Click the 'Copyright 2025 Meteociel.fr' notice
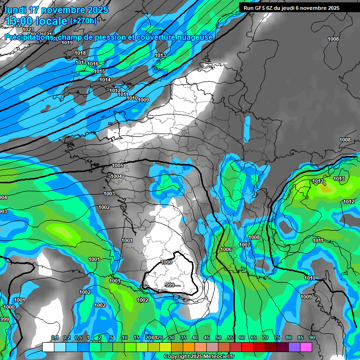coord(199,357)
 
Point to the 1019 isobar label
coord(67,43)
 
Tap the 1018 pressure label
coord(80,53)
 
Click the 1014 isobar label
coord(105,80)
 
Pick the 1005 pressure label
coord(118,166)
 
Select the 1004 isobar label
coord(116,177)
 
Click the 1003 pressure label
coord(109,194)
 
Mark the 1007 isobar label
coord(244,245)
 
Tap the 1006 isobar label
coord(226,249)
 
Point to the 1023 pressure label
coord(28,30)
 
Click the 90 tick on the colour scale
coord(312,338)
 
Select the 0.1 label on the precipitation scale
coord(54,338)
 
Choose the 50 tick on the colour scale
coord(218,338)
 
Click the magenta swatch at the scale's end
coord(306,347)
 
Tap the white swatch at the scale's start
coord(48,347)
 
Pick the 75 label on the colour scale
coord(277,338)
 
